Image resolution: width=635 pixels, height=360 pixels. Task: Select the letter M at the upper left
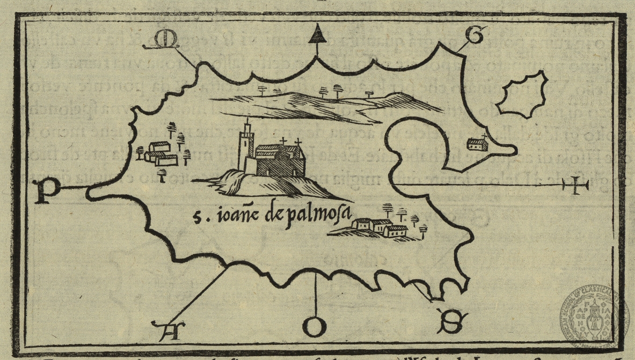[167, 41]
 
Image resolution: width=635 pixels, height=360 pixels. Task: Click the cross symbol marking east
[575, 186]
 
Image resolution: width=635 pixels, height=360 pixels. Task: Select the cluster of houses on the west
[159, 153]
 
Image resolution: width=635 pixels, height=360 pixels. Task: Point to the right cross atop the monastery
[300, 143]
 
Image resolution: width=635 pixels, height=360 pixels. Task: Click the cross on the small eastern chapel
[484, 135]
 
